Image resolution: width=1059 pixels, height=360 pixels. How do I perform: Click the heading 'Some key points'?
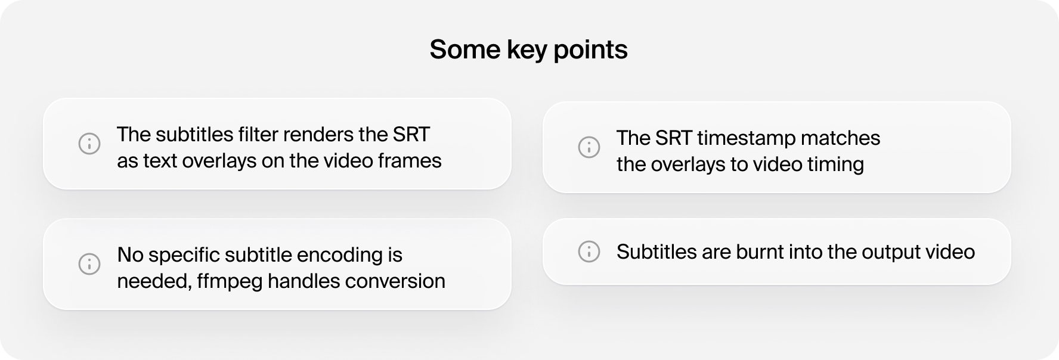pyautogui.click(x=528, y=49)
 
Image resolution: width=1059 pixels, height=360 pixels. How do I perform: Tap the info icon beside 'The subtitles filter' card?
pyautogui.click(x=89, y=143)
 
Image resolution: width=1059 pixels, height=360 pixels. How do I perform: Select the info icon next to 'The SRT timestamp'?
pyautogui.click(x=589, y=147)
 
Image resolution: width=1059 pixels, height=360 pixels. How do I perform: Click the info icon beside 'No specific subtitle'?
pyautogui.click(x=89, y=263)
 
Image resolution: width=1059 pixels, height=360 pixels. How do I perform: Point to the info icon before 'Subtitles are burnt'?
pyautogui.click(x=589, y=252)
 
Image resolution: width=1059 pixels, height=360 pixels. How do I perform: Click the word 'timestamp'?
pyautogui.click(x=746, y=139)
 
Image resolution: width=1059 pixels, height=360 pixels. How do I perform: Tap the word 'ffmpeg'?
pyautogui.click(x=230, y=282)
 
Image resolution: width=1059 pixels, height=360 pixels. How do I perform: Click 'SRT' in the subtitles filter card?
pyautogui.click(x=411, y=134)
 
